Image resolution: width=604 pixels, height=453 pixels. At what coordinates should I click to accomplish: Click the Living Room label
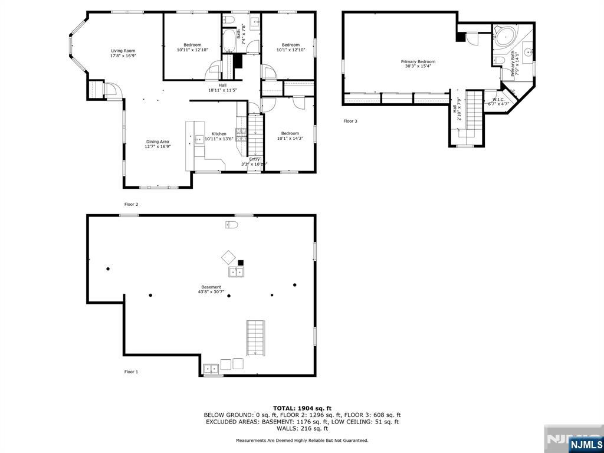(123, 51)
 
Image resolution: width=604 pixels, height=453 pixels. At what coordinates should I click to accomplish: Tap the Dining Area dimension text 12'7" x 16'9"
(157, 147)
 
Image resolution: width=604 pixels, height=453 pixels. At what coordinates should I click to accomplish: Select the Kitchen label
(219, 134)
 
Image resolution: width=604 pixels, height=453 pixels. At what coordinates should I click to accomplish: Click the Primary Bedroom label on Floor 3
(418, 61)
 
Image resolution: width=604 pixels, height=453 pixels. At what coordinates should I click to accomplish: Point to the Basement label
(211, 287)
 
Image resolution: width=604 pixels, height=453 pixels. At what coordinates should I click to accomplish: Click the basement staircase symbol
(255, 338)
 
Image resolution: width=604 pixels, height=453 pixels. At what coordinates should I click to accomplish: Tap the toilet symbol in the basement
(231, 225)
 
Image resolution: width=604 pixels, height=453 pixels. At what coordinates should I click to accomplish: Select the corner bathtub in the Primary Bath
(504, 37)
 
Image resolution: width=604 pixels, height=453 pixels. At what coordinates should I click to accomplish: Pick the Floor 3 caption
(350, 121)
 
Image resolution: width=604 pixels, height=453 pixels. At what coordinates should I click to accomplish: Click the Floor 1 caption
(131, 372)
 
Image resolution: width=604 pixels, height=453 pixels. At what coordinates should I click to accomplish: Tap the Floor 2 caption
(131, 204)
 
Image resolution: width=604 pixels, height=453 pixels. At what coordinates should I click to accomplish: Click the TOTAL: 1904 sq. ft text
(302, 408)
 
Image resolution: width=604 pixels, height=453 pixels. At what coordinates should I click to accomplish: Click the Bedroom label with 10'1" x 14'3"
(290, 133)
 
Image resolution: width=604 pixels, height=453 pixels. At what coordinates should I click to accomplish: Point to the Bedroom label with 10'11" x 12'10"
(192, 45)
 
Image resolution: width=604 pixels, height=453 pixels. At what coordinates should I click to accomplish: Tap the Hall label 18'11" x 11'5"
(222, 85)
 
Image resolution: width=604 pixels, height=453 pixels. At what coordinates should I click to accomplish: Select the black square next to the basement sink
(241, 262)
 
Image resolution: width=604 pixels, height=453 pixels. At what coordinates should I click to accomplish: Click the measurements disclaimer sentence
(302, 440)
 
